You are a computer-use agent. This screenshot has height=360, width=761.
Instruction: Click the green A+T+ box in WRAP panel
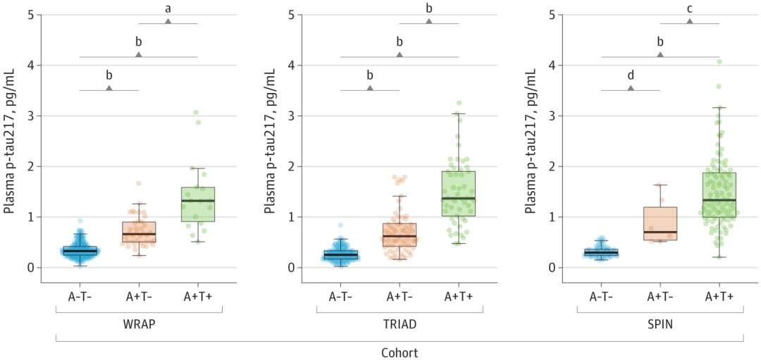[x=198, y=204]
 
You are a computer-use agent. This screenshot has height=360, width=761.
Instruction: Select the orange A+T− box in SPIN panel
[x=660, y=223]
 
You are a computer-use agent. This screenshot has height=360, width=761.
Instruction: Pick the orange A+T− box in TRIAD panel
[x=400, y=235]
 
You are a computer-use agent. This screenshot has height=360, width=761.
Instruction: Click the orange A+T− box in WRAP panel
[x=139, y=232]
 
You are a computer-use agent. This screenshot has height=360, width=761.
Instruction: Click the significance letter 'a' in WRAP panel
[x=168, y=8]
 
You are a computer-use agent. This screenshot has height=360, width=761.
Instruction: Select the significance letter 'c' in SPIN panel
[x=689, y=8]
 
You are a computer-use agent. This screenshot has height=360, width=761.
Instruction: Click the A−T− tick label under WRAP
[x=80, y=297]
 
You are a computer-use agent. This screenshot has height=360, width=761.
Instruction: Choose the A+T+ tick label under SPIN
[x=719, y=297]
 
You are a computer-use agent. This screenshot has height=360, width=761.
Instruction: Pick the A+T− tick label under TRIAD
[x=400, y=297]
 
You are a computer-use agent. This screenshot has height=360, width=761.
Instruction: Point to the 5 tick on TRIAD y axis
[x=291, y=15]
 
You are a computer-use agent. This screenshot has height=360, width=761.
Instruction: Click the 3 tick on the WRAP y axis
[x=30, y=116]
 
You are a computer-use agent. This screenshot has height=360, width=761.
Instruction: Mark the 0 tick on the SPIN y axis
[x=552, y=268]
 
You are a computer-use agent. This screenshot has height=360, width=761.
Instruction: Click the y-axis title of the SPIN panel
[x=531, y=142]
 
